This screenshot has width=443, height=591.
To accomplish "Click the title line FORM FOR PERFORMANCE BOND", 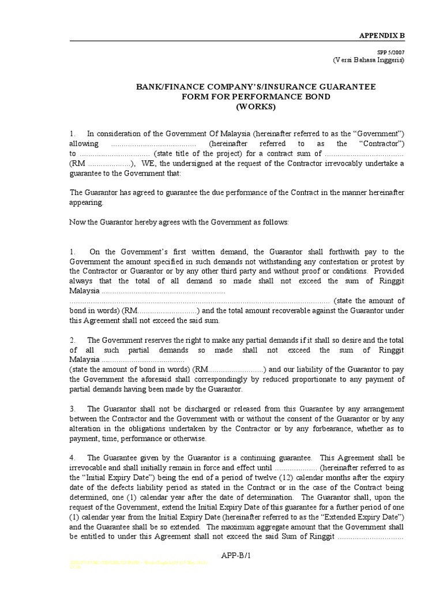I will point(256,96).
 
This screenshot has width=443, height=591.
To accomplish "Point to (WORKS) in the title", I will point(256,107).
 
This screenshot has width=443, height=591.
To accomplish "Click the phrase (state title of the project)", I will point(198,154).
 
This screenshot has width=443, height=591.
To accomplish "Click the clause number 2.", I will point(73,340).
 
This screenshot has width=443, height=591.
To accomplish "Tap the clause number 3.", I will point(73,409).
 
